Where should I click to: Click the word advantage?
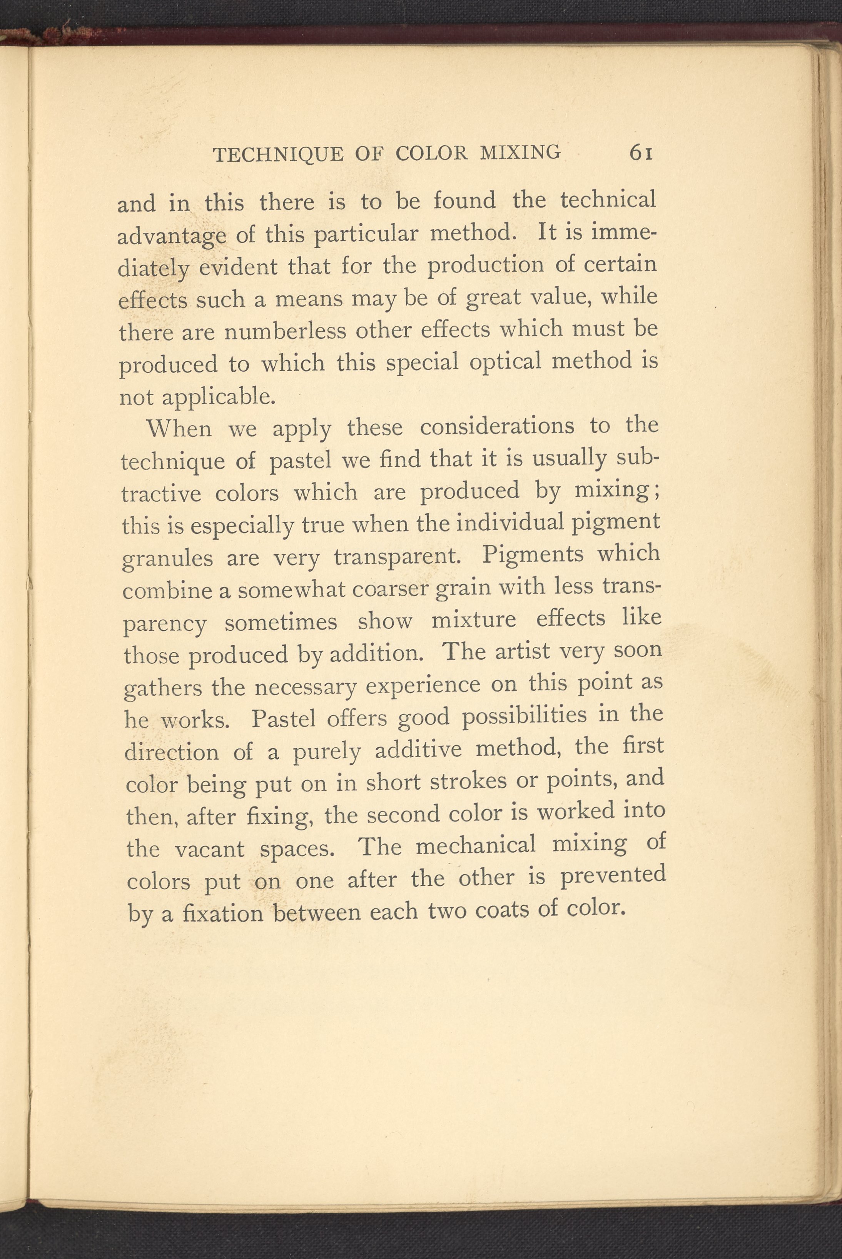pyautogui.click(x=171, y=237)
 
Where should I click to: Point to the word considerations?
pyautogui.click(x=497, y=427)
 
